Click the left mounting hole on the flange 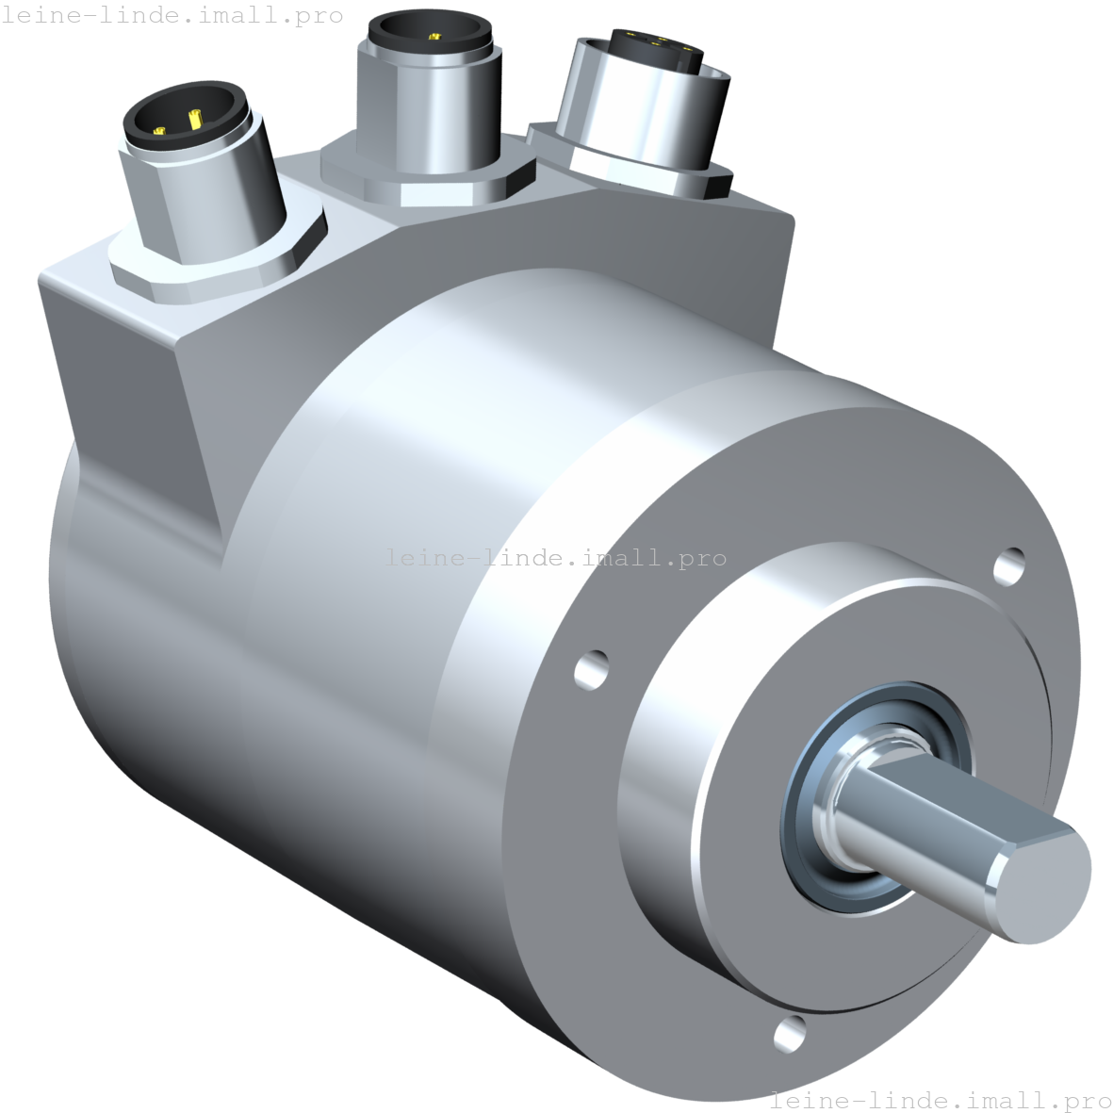592,668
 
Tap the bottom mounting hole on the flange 790,1033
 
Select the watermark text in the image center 556,558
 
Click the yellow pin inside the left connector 195,120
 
